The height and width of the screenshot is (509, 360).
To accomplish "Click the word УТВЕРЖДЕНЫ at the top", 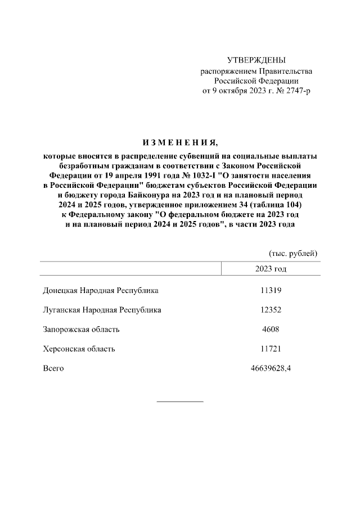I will (x=256, y=60).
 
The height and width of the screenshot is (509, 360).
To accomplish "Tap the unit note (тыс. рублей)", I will (x=293, y=253).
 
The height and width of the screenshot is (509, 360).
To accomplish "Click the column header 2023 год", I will (x=271, y=268).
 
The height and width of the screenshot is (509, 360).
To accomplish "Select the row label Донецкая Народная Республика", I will (x=101, y=291).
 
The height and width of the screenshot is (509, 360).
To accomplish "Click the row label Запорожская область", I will (x=81, y=329).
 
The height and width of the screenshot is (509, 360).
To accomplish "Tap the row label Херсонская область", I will (x=79, y=349).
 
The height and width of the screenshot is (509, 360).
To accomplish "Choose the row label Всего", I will (x=53, y=368).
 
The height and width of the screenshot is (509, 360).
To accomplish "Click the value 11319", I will (x=271, y=291).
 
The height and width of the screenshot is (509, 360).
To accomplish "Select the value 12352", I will (x=271, y=310).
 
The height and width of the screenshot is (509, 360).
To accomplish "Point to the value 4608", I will (x=271, y=329).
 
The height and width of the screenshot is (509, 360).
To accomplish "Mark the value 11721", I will (x=271, y=349).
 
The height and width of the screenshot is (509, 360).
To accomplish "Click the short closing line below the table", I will (x=179, y=401).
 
